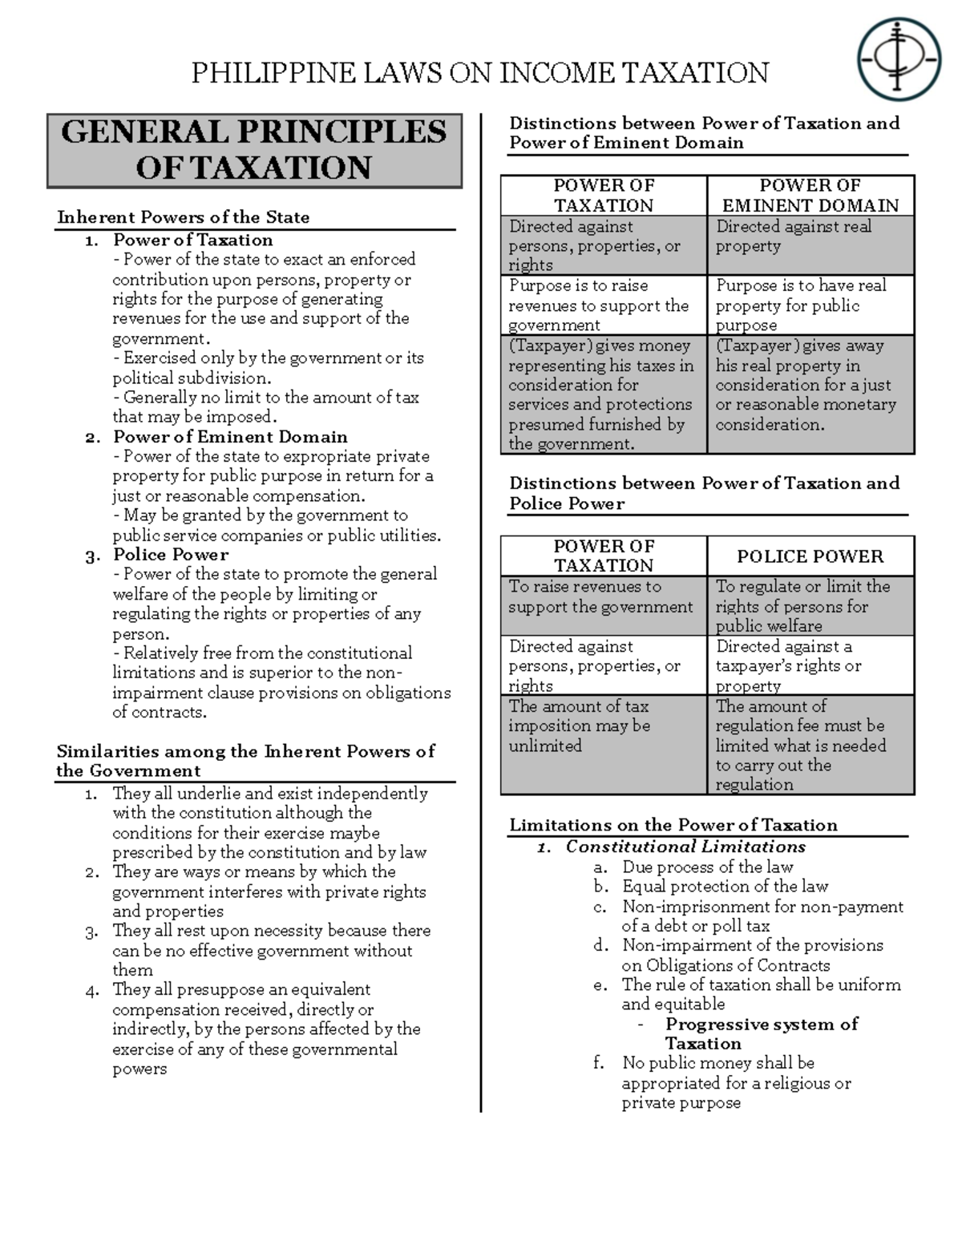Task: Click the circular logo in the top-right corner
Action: pos(897,61)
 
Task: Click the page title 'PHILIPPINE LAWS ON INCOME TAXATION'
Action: pos(479,73)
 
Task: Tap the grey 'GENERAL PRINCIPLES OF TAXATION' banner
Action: pos(254,151)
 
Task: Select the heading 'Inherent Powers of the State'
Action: pos(183,217)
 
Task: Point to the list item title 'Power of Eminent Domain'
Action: pos(230,437)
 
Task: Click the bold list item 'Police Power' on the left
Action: pos(171,555)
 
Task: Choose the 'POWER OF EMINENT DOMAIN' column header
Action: pos(810,196)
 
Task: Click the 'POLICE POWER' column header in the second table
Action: pos(810,556)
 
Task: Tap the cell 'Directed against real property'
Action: pos(810,236)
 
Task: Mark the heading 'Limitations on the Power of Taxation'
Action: pos(673,825)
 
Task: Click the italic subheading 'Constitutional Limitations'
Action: pos(685,847)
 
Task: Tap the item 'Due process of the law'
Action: pos(707,867)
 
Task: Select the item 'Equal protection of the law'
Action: pos(725,886)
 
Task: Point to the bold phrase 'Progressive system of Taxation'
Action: pos(761,1033)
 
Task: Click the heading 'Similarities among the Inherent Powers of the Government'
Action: pos(245,761)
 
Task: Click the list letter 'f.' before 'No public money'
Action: pos(598,1063)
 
